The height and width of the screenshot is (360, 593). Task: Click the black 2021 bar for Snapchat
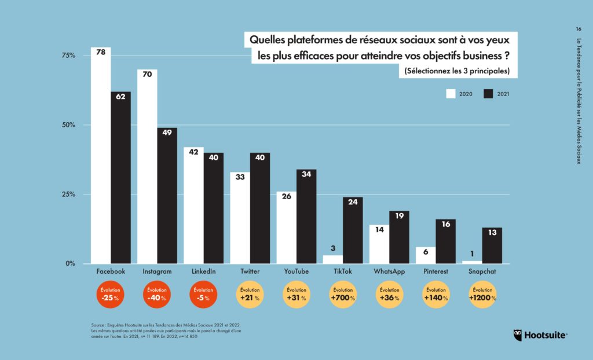click(x=492, y=245)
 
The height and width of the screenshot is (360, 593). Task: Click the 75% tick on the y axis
click(x=68, y=56)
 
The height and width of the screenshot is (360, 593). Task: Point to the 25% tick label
click(x=68, y=194)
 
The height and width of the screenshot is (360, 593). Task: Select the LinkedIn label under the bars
click(x=203, y=271)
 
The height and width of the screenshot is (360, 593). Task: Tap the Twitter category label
click(x=250, y=271)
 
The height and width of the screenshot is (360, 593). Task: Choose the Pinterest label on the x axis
click(x=435, y=271)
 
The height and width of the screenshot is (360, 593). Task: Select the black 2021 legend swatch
click(x=488, y=94)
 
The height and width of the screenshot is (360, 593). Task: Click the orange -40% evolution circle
click(x=156, y=295)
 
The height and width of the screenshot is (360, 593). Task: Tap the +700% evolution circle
click(x=342, y=295)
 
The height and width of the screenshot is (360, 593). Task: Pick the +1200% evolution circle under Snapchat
click(x=482, y=295)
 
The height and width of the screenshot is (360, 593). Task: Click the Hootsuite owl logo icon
click(x=519, y=335)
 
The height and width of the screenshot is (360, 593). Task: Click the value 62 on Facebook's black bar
click(x=120, y=97)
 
